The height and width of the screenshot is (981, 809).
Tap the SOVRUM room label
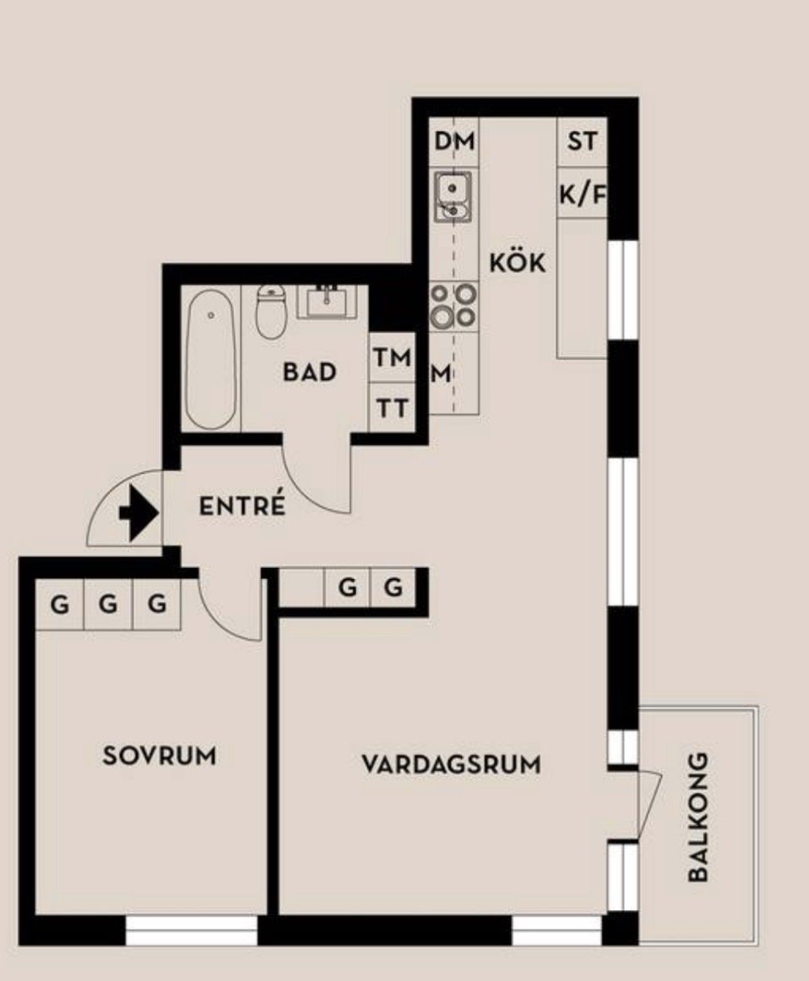[x=160, y=756]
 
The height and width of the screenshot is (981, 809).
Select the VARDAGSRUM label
[x=451, y=765]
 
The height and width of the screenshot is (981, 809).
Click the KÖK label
[x=518, y=263]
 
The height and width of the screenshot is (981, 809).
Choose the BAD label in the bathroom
[x=310, y=371]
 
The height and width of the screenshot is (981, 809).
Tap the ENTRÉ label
[x=242, y=506]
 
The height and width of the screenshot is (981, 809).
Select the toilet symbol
[x=270, y=311]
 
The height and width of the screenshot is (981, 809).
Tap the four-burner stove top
[x=453, y=306]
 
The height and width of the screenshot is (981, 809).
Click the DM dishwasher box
[x=455, y=141]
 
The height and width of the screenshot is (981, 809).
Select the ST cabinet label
[x=583, y=141]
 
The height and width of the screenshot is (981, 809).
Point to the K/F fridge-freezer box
[x=583, y=192]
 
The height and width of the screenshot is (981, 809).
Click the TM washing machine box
[x=393, y=357]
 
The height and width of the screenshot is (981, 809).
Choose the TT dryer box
[x=393, y=407]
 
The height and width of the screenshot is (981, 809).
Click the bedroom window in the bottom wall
[x=192, y=930]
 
